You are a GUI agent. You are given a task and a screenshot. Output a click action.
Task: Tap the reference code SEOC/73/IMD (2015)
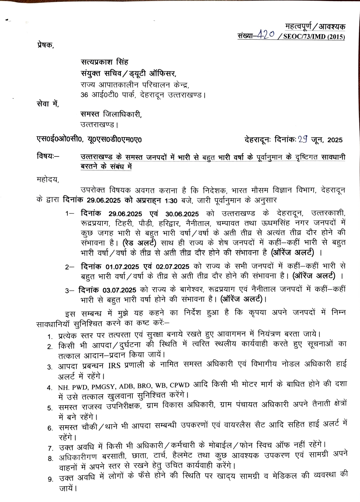(314, 37)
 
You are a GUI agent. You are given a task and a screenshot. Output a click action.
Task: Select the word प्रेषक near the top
(45, 45)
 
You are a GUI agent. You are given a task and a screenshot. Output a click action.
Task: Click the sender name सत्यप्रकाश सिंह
(104, 62)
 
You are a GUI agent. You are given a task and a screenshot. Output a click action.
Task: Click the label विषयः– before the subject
(48, 156)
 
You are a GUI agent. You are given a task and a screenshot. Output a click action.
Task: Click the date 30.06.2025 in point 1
(181, 214)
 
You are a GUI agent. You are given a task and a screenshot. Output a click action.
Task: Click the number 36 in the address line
(84, 94)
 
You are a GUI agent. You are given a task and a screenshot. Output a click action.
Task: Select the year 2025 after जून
(335, 140)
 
